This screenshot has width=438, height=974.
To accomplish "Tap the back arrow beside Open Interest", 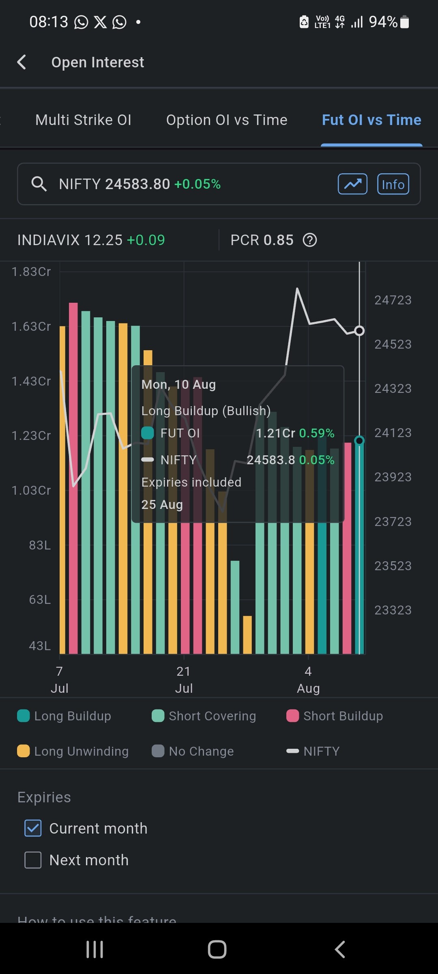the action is tap(22, 62).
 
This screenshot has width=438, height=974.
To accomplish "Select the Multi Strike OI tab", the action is tap(84, 120).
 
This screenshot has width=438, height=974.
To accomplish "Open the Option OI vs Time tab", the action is tap(227, 120).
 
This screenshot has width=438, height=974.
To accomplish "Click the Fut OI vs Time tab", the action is tap(371, 120).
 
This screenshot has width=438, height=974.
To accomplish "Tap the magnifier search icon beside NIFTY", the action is tap(39, 184).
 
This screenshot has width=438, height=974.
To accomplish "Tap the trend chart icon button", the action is tap(352, 184).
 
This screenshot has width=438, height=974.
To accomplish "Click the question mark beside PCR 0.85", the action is tap(310, 240).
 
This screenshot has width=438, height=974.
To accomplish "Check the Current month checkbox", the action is tap(33, 828).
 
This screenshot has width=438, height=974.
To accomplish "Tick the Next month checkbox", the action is tap(33, 860).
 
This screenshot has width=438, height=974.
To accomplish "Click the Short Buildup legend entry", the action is tap(335, 716).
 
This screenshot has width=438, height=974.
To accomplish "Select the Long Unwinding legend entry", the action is tap(73, 751).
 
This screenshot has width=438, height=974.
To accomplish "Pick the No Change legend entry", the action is tap(193, 751).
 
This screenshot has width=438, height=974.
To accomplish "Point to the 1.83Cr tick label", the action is tap(31, 272).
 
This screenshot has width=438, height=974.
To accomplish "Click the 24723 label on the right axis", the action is tap(393, 300).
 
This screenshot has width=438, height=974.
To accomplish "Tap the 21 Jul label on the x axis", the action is tap(184, 680).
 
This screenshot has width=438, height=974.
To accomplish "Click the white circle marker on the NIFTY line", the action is tap(359, 331).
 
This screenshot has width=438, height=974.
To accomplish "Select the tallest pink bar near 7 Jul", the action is tap(73, 478).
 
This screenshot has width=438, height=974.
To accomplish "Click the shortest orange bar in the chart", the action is tap(247, 635).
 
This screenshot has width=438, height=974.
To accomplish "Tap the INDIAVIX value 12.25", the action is tap(103, 240).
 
